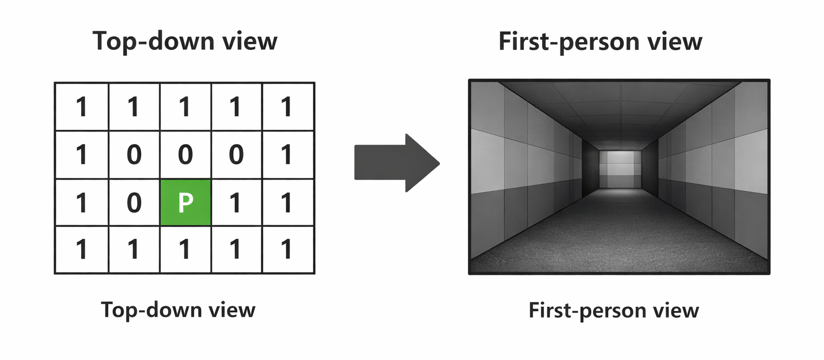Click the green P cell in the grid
pyautogui.click(x=185, y=203)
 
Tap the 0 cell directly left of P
pyautogui.click(x=134, y=203)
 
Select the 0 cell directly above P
pyautogui.click(x=185, y=155)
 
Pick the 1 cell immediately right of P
pyautogui.click(x=235, y=203)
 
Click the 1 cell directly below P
pyautogui.click(x=185, y=250)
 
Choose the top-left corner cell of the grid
pyautogui.click(x=81, y=107)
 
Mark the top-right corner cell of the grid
pyautogui.click(x=287, y=107)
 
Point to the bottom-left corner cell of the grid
pyautogui.click(x=81, y=250)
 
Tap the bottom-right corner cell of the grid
pyautogui.click(x=287, y=250)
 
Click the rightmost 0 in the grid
pyautogui.click(x=235, y=155)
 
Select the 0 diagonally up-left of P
pyautogui.click(x=134, y=155)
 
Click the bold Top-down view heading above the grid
pyautogui.click(x=185, y=41)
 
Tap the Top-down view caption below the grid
pyautogui.click(x=178, y=310)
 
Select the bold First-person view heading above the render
pyautogui.click(x=601, y=41)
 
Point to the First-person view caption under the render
pyautogui.click(x=614, y=310)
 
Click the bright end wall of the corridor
pyautogui.click(x=620, y=168)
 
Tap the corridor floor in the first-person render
pyautogui.click(x=619, y=233)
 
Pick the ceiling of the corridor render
pyautogui.click(x=619, y=106)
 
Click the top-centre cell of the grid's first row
pyautogui.click(x=185, y=107)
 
